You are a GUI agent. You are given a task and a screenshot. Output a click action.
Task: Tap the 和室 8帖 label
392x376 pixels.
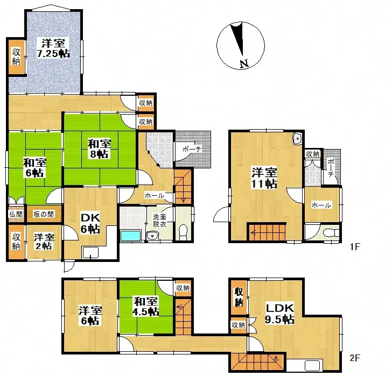point(100,148)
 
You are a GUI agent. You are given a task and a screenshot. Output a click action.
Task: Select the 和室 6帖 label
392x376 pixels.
point(34,167)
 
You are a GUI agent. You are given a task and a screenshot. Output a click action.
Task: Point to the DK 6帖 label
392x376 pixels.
point(90,223)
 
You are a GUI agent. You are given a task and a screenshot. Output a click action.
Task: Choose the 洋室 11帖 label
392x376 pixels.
point(265,178)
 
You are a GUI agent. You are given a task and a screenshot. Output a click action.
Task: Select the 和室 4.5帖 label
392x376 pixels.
point(145,306)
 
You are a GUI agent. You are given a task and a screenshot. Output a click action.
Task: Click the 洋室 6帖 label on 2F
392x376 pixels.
point(90,315)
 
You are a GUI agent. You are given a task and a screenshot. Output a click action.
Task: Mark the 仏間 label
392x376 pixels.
point(16,214)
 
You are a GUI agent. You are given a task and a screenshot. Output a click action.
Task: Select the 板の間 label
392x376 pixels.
point(43,214)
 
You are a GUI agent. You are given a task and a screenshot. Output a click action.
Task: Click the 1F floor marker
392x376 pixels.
point(354,248)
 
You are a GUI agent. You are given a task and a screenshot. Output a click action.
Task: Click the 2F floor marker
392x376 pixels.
point(354,357)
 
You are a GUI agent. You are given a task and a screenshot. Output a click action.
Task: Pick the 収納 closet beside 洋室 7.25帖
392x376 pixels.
point(16,56)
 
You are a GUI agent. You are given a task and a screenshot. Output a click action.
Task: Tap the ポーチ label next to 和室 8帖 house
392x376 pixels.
point(188,149)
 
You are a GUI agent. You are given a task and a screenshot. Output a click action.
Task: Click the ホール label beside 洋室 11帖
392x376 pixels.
point(321,205)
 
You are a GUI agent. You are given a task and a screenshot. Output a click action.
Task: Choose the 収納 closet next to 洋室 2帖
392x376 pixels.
point(16,242)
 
